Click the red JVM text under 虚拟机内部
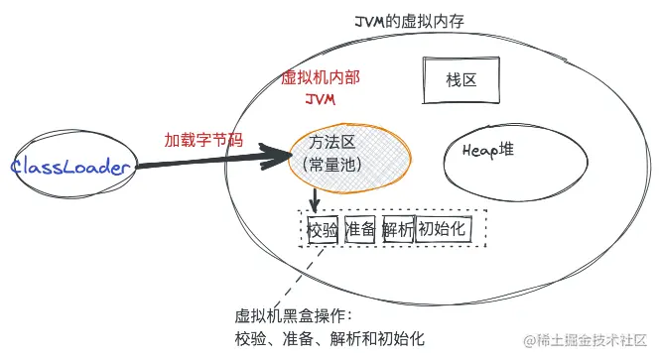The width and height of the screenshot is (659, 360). (x=323, y=99)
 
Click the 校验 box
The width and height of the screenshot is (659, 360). (x=323, y=230)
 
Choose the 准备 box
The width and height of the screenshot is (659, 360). (x=359, y=230)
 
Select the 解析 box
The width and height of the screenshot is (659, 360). (x=397, y=230)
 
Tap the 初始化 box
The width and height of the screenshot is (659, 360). (x=443, y=229)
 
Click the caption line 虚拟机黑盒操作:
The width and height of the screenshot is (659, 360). (x=287, y=316)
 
